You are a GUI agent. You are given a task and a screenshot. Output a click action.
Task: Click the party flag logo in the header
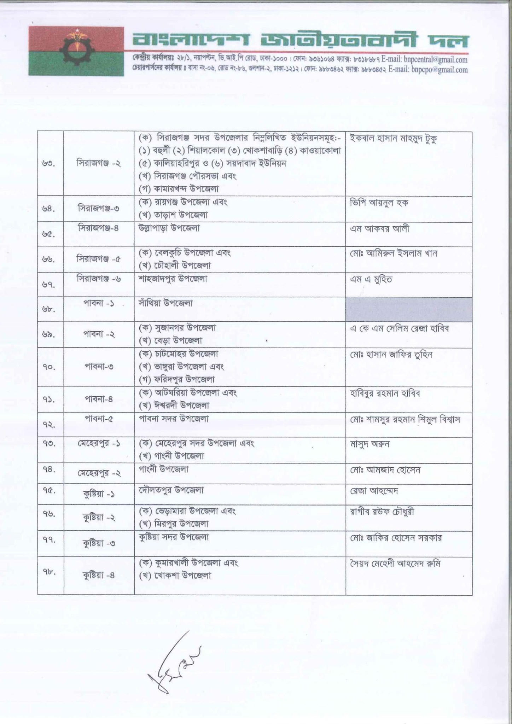point(76,51)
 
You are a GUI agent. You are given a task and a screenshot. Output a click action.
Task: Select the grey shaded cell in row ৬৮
point(409,309)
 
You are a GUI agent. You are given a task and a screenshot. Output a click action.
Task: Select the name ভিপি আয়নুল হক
point(379,203)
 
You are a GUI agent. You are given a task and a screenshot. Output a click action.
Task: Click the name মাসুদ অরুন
point(370,444)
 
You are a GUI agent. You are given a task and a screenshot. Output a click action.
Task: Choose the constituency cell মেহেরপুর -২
point(99,473)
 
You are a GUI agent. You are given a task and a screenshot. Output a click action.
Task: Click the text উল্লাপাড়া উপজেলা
point(169,228)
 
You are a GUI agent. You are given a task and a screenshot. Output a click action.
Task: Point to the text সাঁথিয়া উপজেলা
point(165,303)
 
